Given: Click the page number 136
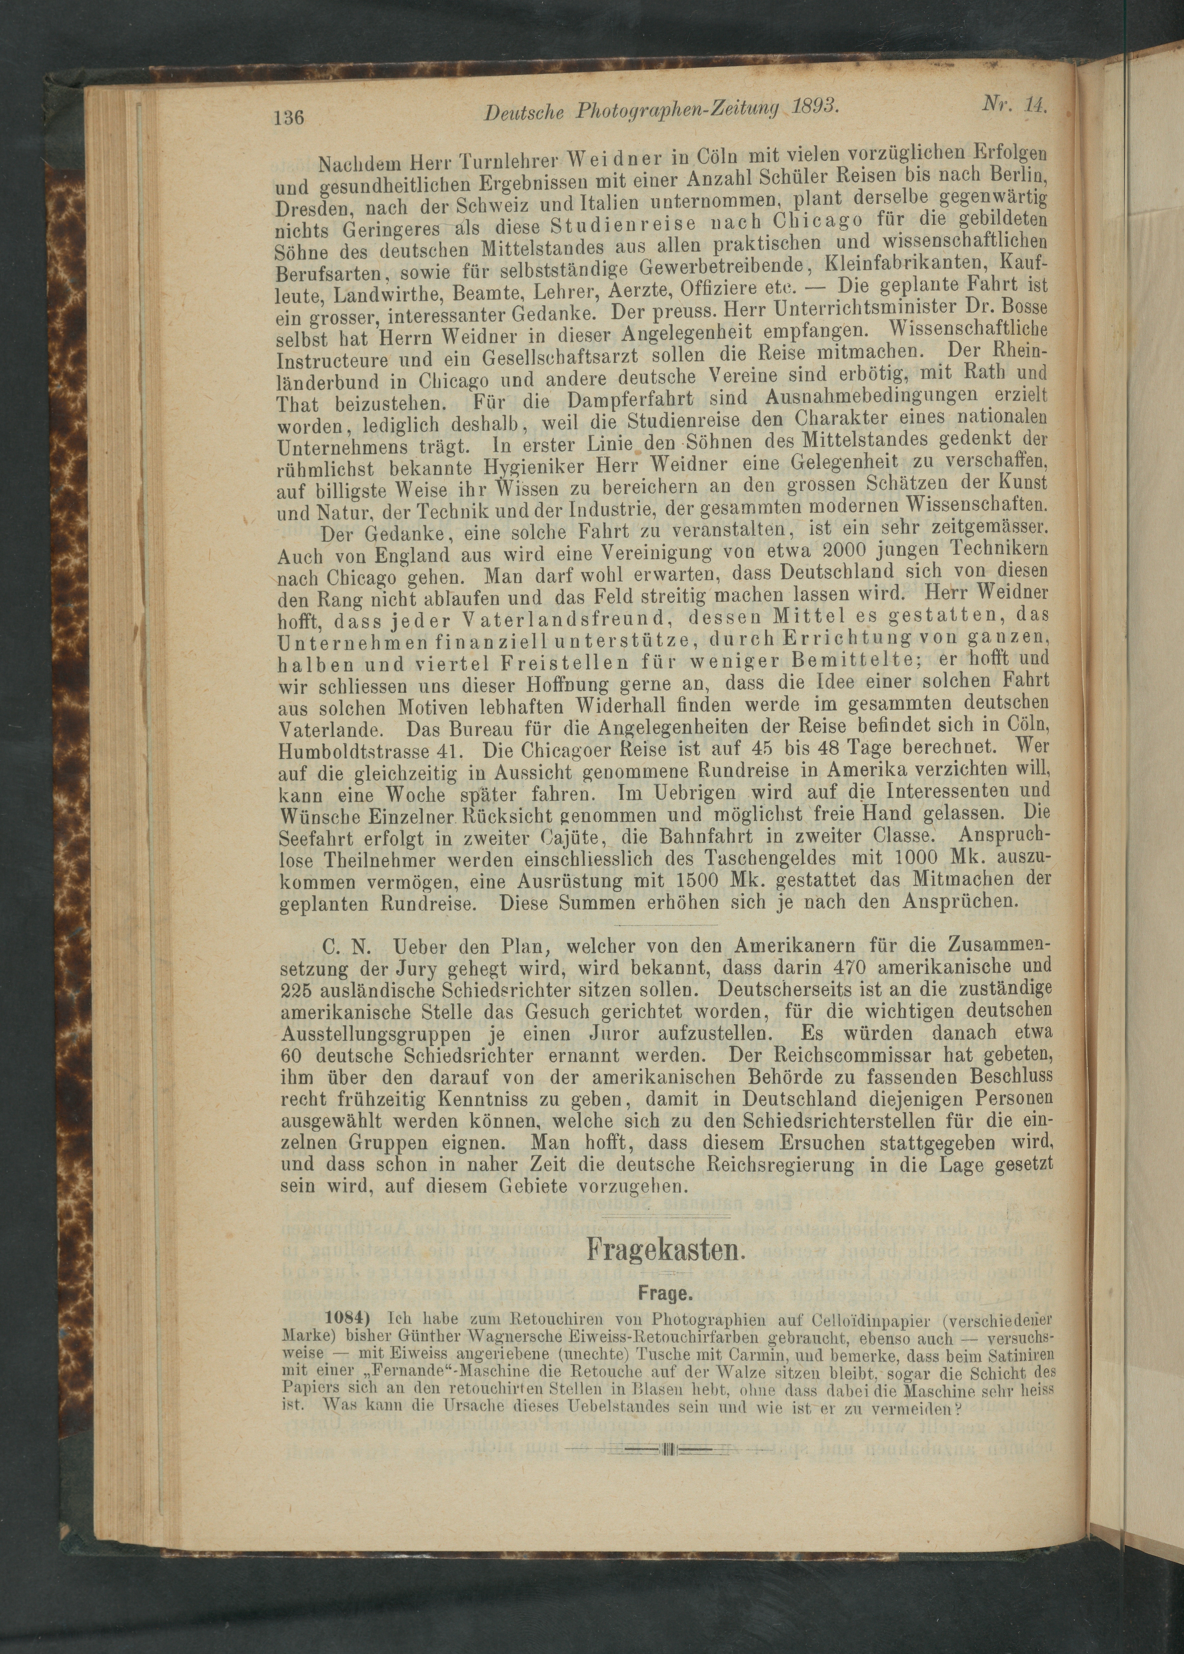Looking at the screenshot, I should [289, 117].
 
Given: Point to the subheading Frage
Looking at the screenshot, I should [664, 1294].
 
